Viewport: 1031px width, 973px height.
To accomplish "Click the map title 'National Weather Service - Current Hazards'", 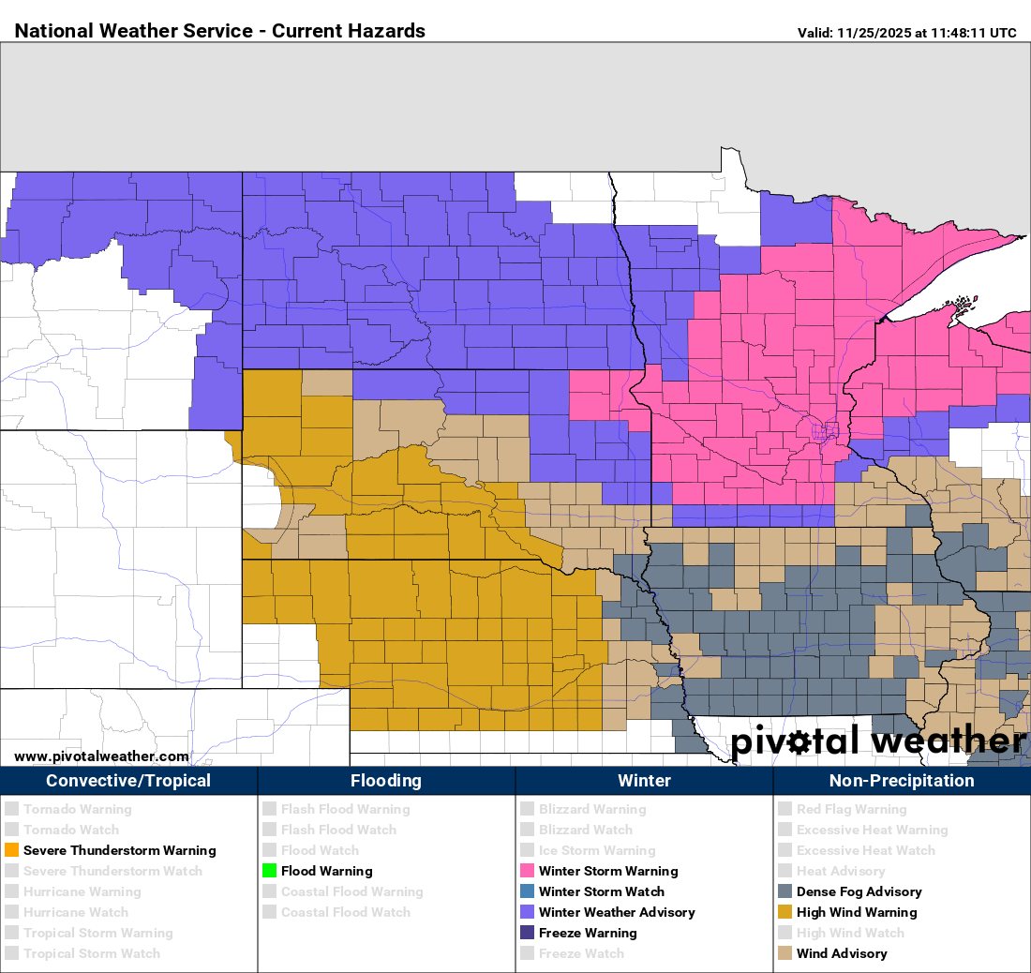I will (x=220, y=31).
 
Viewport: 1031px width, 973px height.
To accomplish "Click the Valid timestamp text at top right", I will (x=906, y=33).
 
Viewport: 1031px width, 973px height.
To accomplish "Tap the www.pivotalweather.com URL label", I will (x=101, y=756).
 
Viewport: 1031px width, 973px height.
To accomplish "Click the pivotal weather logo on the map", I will (x=877, y=741).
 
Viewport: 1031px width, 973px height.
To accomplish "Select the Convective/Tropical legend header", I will (x=128, y=781).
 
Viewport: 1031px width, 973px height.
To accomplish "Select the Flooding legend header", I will (x=386, y=781).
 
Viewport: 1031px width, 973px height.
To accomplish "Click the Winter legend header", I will (x=644, y=781).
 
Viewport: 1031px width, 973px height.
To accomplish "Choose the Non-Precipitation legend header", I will (x=902, y=781).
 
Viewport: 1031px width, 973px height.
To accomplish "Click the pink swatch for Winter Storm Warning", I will (x=527, y=871).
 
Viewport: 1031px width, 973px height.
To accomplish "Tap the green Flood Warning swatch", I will (x=269, y=871).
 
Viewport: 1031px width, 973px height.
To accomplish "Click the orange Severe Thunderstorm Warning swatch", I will (x=11, y=850).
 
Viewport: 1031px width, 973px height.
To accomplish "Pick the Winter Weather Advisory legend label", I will (x=617, y=912).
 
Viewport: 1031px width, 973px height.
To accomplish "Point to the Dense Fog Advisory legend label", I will (x=859, y=891).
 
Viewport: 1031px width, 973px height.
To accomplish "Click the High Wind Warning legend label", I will (x=857, y=912).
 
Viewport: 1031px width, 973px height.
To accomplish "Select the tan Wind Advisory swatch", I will (x=784, y=953).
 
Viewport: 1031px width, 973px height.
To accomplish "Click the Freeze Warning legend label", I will (x=588, y=933).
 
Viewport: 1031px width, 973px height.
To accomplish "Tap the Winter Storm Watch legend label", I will (x=601, y=891).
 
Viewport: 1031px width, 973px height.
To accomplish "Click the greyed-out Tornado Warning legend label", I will (x=78, y=809).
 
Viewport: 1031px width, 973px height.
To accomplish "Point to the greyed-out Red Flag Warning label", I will (x=851, y=809).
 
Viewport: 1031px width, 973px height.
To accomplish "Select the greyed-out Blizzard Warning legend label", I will (x=592, y=809).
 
